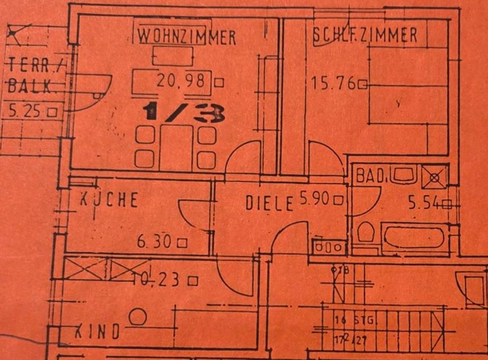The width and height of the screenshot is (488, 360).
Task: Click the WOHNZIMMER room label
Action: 187,37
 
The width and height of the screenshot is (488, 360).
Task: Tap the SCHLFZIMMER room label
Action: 364,36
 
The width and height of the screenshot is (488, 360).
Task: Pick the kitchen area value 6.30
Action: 155,243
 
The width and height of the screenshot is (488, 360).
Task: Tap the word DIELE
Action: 269,203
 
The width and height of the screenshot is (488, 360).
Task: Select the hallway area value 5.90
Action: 315,200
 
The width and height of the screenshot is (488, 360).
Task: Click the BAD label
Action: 369,176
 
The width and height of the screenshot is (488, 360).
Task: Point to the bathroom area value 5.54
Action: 424,203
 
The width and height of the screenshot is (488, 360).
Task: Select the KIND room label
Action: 98,332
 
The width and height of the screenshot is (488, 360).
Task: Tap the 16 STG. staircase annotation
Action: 355,320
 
